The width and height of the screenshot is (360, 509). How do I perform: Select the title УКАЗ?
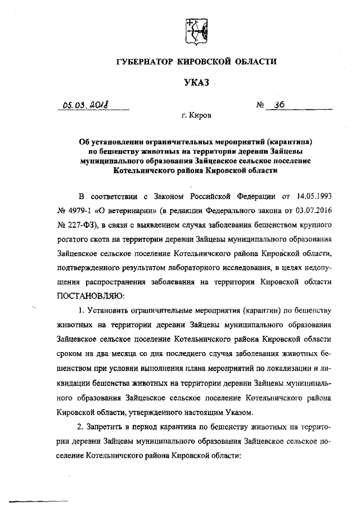point(196,83)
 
